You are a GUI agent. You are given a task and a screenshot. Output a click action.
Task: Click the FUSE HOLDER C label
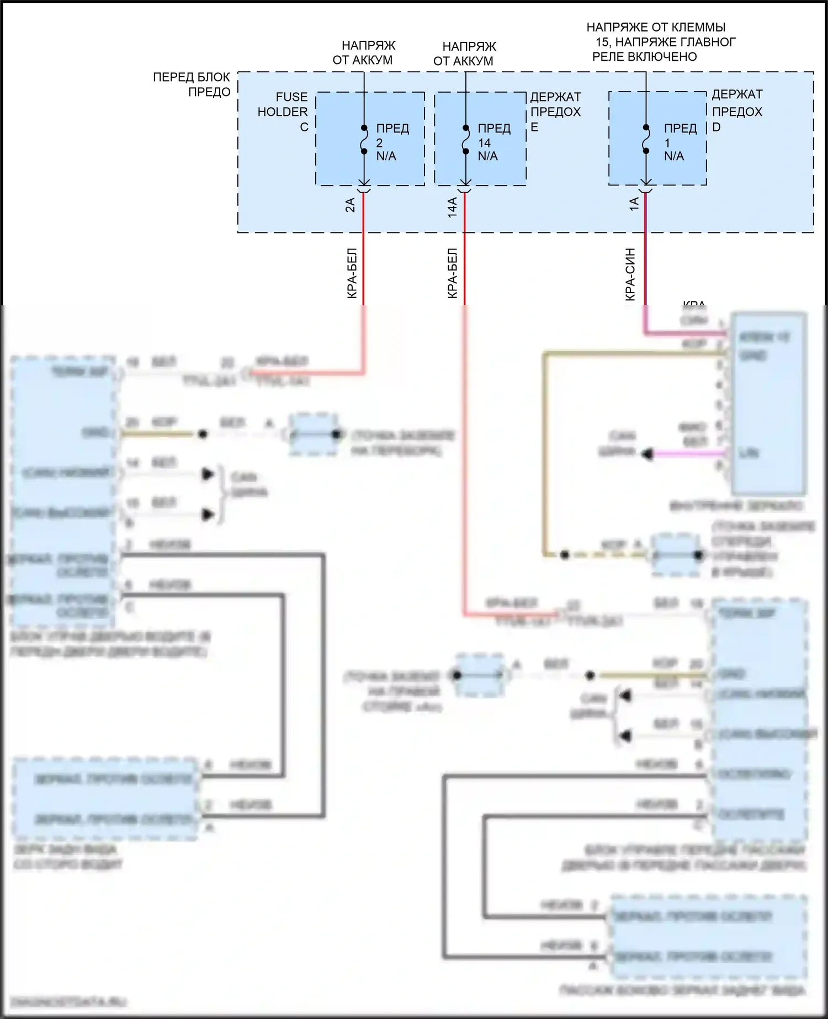coord(283,112)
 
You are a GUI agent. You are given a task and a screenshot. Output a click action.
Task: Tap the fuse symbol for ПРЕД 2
coord(364,140)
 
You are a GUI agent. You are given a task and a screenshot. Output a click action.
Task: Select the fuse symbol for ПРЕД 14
coord(465,140)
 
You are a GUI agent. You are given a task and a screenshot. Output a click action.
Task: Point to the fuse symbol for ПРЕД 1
coord(646,140)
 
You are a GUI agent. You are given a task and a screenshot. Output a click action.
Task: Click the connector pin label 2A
coord(351,205)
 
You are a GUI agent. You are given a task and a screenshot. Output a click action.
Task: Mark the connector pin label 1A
coord(634,204)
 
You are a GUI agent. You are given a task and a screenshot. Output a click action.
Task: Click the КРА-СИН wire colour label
coord(630,274)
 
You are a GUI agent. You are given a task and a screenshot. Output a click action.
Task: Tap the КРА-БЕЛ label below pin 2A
coord(352,274)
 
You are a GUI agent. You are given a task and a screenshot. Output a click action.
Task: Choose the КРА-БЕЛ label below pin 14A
coord(452,274)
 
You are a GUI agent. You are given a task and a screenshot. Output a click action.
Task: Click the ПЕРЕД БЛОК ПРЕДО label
coord(192,84)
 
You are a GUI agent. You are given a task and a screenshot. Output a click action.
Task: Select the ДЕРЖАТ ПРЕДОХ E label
coord(555,112)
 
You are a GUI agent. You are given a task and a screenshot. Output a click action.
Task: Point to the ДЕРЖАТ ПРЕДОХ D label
coord(736,111)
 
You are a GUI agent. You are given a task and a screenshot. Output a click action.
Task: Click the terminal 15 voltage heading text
coord(661,42)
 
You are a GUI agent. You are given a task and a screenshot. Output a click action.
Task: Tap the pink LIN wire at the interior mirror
coord(690,454)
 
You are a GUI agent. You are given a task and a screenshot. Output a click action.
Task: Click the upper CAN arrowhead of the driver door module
coord(208,474)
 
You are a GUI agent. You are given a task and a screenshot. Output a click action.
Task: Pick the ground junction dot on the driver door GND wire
coord(203,434)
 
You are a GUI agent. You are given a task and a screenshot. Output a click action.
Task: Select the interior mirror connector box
coord(768,404)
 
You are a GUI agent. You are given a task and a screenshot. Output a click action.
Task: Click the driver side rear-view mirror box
coord(105,798)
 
